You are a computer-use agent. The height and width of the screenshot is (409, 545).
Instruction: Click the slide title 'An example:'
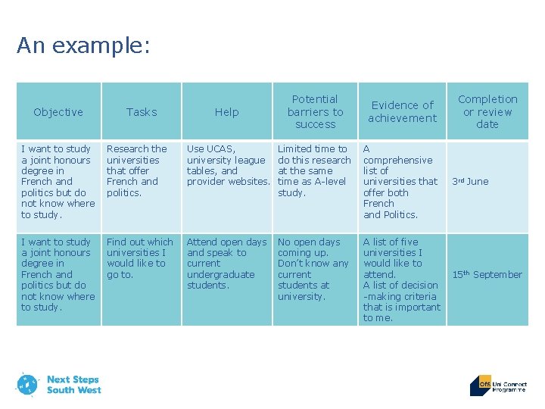[83, 46]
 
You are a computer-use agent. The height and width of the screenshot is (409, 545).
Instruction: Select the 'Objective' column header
[58, 112]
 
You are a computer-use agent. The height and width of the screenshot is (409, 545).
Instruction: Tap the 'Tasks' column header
[142, 112]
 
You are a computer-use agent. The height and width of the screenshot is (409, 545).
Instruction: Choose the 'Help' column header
[226, 112]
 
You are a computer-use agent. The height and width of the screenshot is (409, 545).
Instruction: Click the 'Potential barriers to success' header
[315, 111]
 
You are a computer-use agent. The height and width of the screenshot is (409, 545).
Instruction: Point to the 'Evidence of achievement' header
[402, 111]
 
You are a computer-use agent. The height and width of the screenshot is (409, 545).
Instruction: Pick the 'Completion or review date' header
[487, 111]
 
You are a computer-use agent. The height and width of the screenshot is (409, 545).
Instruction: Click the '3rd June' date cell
[471, 182]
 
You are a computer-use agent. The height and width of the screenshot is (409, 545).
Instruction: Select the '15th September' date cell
[487, 274]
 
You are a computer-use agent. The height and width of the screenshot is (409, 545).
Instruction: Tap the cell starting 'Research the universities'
[137, 171]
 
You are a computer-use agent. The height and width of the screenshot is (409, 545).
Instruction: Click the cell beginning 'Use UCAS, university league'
[228, 165]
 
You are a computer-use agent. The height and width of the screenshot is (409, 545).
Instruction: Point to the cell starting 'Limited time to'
[313, 170]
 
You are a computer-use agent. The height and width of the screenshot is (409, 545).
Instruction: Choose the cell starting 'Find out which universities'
[140, 258]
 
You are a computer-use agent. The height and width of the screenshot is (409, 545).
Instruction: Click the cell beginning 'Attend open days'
[226, 264]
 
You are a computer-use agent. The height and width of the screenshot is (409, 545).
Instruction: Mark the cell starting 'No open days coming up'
[313, 269]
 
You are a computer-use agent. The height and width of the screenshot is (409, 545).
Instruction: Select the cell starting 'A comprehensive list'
[400, 182]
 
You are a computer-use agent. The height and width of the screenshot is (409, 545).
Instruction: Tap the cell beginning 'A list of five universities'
[401, 280]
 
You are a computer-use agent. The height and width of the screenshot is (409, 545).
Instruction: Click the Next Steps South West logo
[58, 384]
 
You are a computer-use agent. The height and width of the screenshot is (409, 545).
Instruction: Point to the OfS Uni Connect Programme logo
[498, 385]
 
